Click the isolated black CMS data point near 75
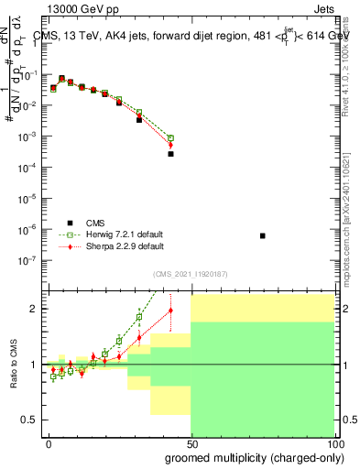point(263,235)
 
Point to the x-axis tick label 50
point(191,442)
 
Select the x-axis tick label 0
point(49,442)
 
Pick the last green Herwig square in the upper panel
point(170,137)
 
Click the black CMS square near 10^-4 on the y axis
point(170,154)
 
